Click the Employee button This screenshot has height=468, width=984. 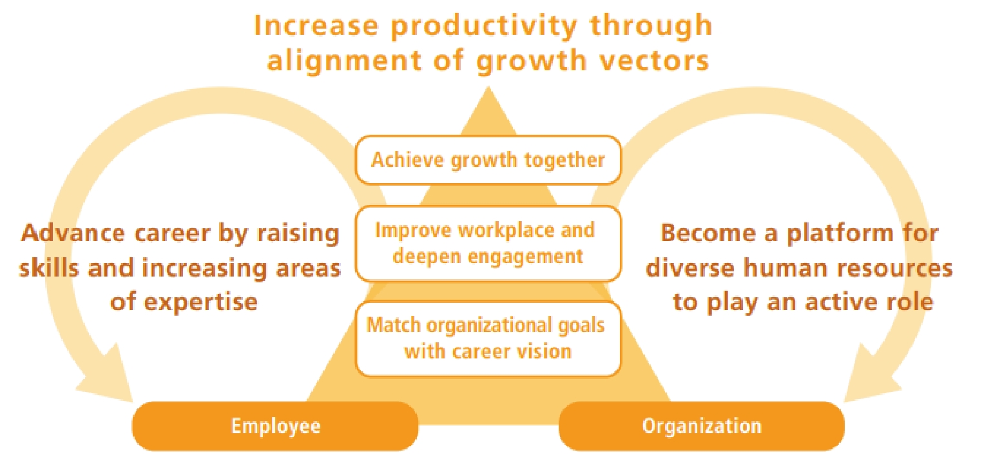[275, 426]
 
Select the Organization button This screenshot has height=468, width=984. [702, 426]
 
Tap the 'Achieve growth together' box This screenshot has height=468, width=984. [488, 160]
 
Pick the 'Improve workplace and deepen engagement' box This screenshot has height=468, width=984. [488, 244]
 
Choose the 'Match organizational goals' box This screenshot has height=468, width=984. [488, 339]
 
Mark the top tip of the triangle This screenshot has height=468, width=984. [488, 86]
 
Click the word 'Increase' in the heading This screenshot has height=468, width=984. [316, 25]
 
